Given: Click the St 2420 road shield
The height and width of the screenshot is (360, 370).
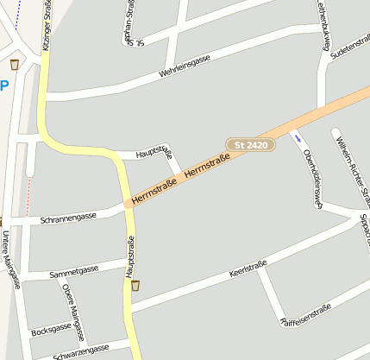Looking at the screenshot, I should pos(250,145).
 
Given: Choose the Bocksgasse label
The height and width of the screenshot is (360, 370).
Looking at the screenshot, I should pos(51,329).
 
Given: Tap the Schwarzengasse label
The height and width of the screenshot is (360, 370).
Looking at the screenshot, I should pos(80,349).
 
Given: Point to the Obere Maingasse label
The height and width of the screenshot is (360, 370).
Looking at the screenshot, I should pos(74,309).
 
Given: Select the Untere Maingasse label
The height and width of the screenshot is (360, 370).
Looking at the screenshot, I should pos(11,259).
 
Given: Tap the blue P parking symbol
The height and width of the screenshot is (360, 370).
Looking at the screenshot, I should pos(3,85).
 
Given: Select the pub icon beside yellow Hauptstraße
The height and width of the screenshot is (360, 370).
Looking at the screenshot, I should pos(135,287).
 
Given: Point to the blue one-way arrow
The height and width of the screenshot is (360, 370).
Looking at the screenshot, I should pos(297,137).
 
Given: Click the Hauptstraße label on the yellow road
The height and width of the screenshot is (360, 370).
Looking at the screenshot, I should pos(131,256).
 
